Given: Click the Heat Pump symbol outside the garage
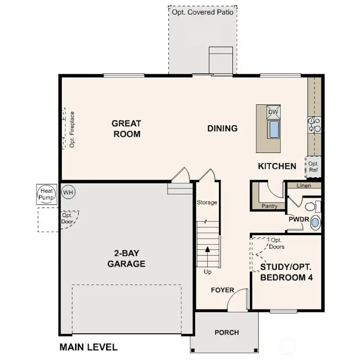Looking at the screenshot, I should pos(45,194).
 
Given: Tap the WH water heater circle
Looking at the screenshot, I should pos(68,192).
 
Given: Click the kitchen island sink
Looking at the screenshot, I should pos(273,129).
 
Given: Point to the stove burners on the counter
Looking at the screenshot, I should pos(315,124).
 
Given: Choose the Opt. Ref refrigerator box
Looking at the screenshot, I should pos(313,167).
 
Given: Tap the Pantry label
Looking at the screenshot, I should pos(270,206).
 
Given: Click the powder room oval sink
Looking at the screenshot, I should pos(315,222).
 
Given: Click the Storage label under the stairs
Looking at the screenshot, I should pos(207,203).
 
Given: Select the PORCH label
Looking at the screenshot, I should pos(227,332).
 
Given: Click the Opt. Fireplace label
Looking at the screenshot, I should pos(72,129).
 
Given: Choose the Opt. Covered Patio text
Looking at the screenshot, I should pos(203,12).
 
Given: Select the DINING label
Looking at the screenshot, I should pos(222,128).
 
